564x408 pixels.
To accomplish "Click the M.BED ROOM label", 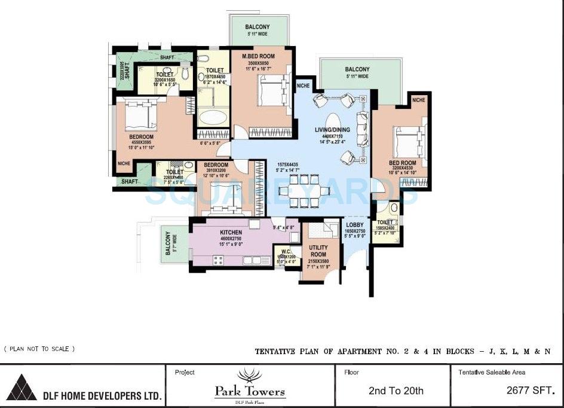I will click(258, 56).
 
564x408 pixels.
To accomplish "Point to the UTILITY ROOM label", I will click(318, 251).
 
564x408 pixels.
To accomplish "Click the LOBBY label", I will click(355, 225).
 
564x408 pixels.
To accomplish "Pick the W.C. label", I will click(285, 252).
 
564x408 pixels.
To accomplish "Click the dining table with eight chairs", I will click(304, 191).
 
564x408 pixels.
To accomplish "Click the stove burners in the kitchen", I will click(218, 260).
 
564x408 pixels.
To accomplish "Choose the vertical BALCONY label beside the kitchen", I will click(168, 244).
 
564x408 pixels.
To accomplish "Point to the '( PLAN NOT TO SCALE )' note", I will click(39, 349).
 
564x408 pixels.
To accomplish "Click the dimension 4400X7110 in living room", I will click(331, 136).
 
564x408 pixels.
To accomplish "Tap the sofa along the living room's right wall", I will click(362, 129).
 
